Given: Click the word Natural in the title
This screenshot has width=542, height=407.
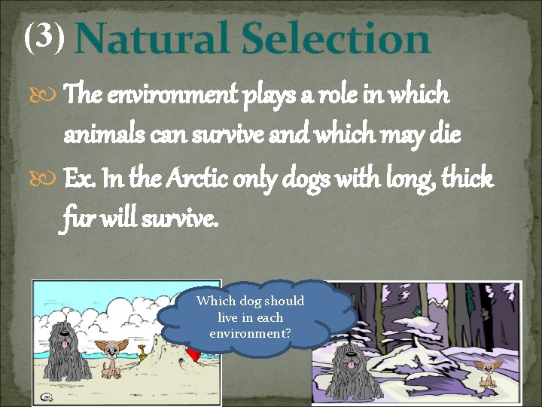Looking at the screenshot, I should tap(154, 39).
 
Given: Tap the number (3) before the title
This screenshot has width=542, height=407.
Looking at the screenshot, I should tap(47, 35).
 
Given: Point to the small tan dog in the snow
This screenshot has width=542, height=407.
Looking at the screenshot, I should tap(486, 375).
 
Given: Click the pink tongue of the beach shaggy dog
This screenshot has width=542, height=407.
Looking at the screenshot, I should tap(66, 344).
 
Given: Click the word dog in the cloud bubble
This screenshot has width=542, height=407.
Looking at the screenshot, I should tap(250, 301).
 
